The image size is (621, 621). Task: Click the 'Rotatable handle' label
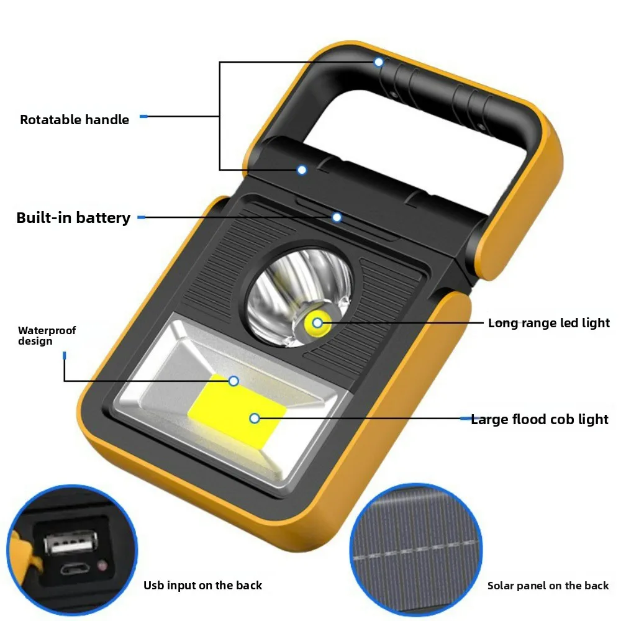(75, 120)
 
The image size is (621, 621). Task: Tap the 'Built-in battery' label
(73, 218)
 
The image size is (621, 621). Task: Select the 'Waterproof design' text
(47, 336)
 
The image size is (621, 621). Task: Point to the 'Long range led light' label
(548, 323)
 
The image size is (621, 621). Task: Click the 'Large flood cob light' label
(540, 419)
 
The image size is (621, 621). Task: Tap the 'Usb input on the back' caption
(203, 586)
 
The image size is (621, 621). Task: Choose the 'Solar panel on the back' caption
(548, 586)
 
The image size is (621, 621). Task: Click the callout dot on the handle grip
(379, 62)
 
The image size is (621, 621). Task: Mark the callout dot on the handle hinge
(302, 170)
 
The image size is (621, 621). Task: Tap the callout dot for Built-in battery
(337, 217)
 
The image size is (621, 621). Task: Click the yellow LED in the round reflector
(317, 323)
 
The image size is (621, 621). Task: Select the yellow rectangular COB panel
(237, 409)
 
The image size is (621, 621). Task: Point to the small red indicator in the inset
(102, 565)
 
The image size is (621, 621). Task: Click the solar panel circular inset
(416, 550)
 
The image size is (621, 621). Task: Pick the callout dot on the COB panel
(255, 418)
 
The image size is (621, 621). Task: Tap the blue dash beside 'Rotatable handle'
(144, 117)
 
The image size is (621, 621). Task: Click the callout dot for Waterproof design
(233, 381)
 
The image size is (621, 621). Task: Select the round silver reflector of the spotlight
(300, 297)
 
